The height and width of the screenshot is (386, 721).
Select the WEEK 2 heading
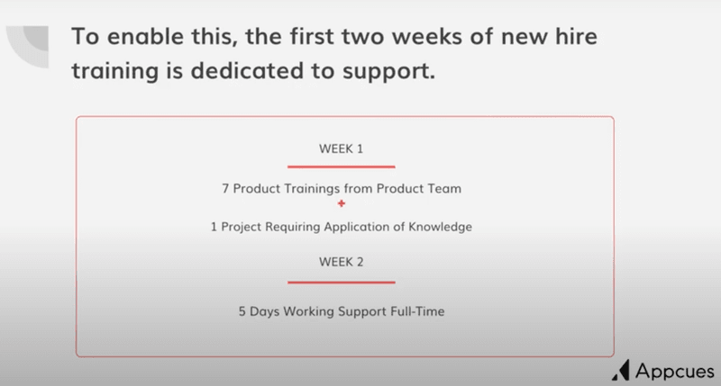pos(341,263)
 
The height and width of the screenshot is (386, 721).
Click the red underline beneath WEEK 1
pos(341,166)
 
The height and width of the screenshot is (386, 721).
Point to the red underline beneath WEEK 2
pos(341,282)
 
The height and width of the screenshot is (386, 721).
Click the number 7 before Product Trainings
pos(224,190)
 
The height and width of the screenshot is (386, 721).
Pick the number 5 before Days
pos(242,312)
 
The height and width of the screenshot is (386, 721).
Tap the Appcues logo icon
pos(620,370)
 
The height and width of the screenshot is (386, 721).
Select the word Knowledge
pos(438,227)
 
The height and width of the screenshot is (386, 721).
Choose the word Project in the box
pos(242,227)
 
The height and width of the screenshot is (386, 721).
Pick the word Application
pos(350,227)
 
